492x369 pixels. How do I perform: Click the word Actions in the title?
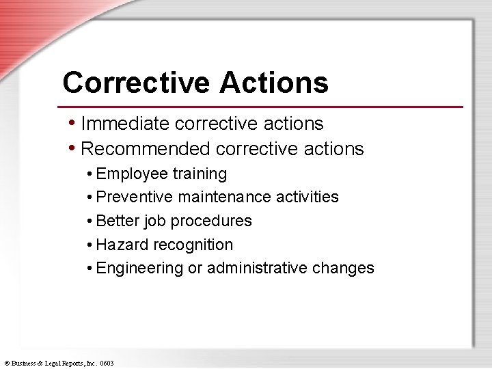[x=274, y=83]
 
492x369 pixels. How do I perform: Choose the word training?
[x=200, y=174]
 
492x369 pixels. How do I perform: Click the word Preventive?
[x=135, y=197]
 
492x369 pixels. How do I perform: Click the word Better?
[x=117, y=221]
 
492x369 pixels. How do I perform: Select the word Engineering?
[x=140, y=269]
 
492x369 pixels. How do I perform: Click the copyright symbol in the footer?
[x=6, y=364]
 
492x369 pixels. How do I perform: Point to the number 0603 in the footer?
[x=107, y=364]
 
